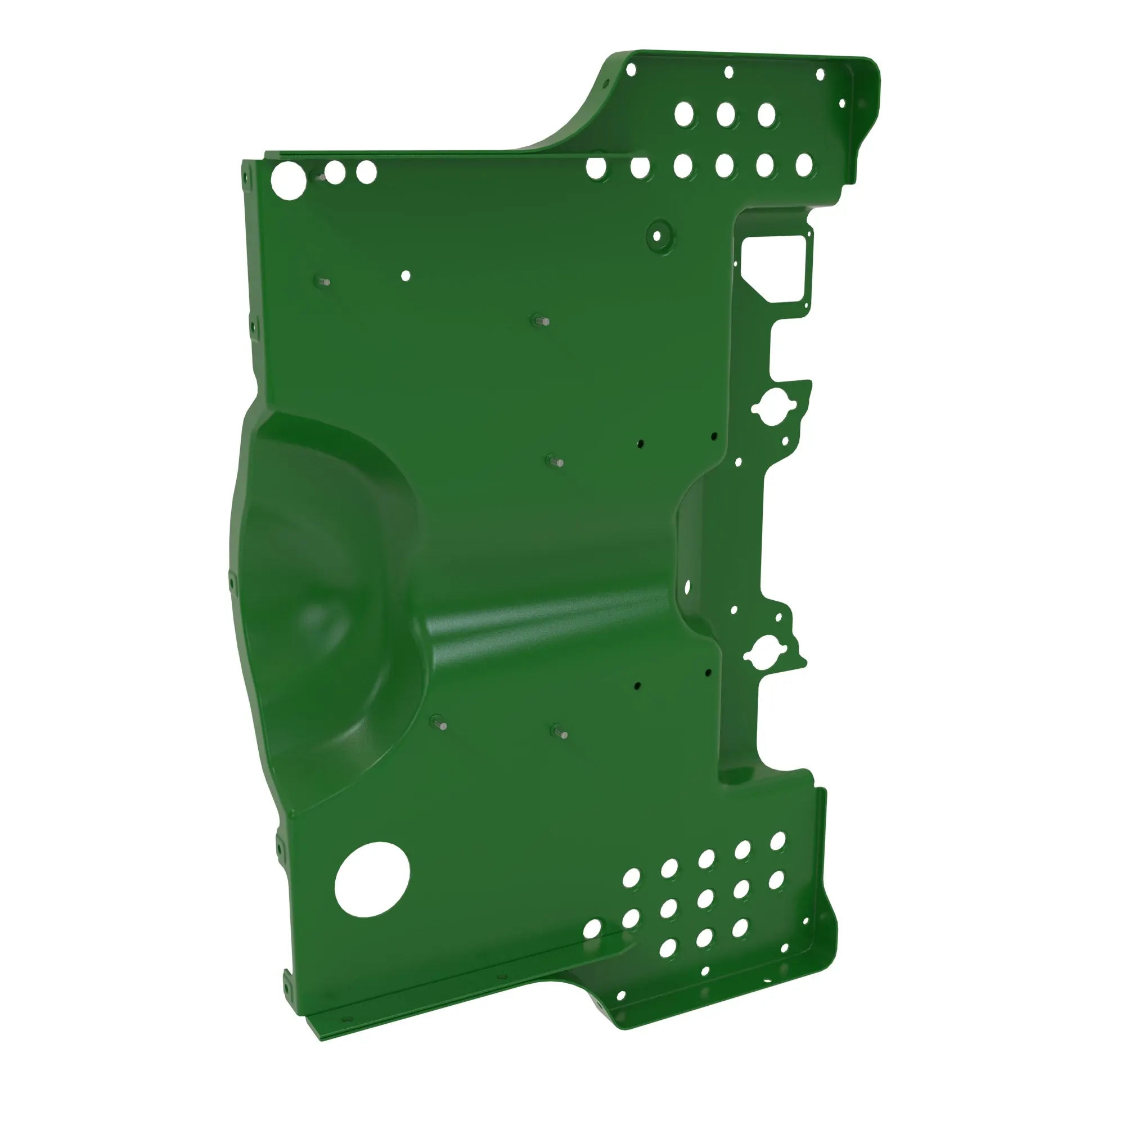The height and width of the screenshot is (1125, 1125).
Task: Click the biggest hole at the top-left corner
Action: tap(289, 181)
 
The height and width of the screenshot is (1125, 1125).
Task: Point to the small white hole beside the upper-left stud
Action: tap(406, 276)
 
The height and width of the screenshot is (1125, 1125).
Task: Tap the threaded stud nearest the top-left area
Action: tap(325, 282)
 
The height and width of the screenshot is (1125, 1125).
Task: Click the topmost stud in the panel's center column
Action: tap(543, 321)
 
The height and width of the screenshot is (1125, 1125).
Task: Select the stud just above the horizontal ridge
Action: tap(557, 462)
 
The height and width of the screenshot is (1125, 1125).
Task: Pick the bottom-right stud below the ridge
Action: tap(561, 733)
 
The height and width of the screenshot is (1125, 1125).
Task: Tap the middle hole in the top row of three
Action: tap(726, 114)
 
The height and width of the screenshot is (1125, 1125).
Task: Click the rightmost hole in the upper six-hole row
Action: tap(804, 165)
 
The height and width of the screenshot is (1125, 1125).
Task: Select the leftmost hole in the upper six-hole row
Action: tap(596, 168)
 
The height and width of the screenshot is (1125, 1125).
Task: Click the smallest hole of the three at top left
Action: tap(366, 172)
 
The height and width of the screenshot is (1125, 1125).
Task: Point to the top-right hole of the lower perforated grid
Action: tap(778, 841)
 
